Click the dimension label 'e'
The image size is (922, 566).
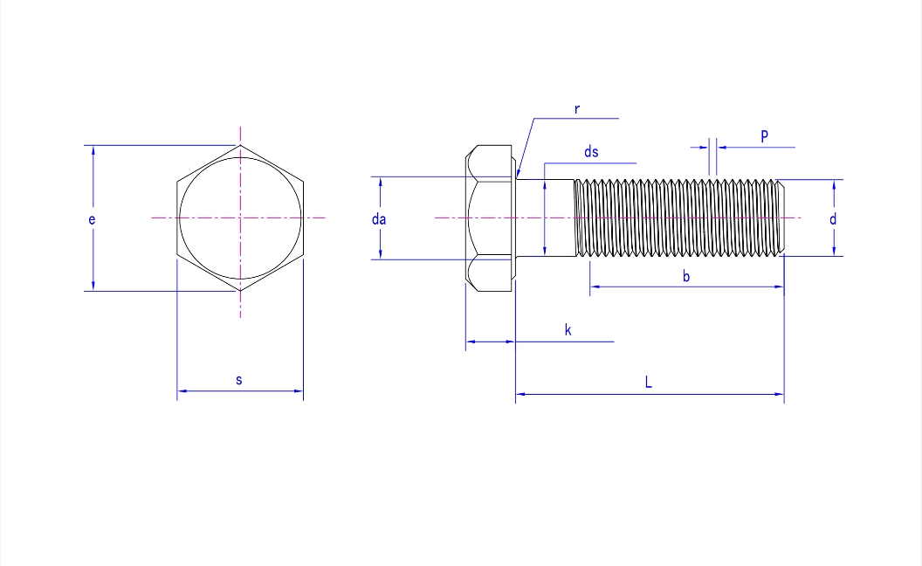point(91,219)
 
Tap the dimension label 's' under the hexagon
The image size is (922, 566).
point(239,380)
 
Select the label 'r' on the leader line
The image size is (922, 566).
point(577,109)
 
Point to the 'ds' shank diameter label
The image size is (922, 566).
point(591,152)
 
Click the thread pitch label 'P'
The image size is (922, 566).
point(764,136)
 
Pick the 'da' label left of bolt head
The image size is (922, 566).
point(379,219)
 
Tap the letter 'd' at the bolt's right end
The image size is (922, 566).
point(833,219)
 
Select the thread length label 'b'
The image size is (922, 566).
point(686,277)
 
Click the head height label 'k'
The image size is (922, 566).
point(568,330)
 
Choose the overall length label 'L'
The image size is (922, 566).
point(648,383)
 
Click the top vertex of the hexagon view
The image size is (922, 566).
point(240,145)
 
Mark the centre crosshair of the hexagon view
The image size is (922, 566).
point(240,217)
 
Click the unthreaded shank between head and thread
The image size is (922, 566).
point(546,217)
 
